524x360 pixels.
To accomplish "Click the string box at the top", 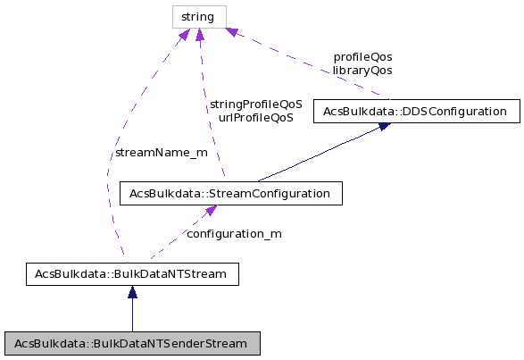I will (199, 16).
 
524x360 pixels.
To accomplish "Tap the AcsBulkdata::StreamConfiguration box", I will (225, 192).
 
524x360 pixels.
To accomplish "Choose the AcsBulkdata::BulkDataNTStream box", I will (132, 274).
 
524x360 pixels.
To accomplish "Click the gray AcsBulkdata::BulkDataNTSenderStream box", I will (132, 343).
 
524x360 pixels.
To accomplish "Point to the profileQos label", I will (362, 56).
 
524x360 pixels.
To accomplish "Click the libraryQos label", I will (362, 70).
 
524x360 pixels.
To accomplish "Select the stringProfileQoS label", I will (255, 104).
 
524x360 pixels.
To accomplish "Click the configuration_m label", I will (234, 233).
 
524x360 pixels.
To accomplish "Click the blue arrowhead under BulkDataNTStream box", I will (132, 292).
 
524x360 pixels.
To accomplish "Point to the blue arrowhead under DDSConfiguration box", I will (383, 126).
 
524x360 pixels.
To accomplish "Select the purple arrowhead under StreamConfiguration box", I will (210, 211).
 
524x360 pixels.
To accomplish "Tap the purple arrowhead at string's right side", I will (231, 32).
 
